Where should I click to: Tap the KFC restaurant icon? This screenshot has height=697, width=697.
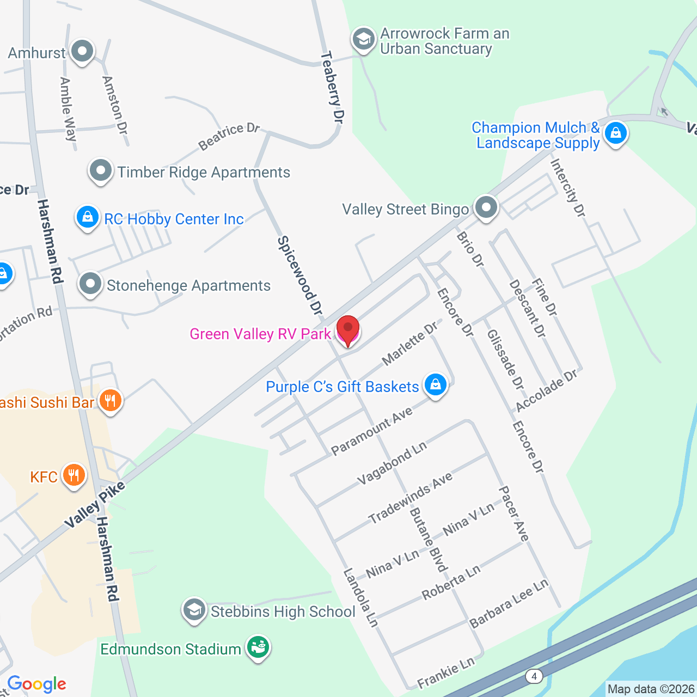click(x=74, y=475)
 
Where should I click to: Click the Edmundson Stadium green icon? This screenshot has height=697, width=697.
click(x=258, y=647)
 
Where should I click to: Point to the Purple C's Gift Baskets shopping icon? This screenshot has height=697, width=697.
click(x=435, y=385)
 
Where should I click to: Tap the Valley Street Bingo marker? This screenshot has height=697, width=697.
click(x=486, y=207)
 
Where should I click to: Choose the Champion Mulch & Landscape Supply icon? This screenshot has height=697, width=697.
click(x=616, y=133)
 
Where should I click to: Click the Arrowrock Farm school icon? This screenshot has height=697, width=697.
click(x=363, y=39)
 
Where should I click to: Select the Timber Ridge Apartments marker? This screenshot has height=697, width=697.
click(x=101, y=171)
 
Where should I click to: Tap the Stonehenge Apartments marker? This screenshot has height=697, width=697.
click(x=90, y=284)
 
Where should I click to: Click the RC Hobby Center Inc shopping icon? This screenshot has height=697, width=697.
click(x=87, y=217)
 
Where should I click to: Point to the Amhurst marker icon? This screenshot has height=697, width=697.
click(x=82, y=52)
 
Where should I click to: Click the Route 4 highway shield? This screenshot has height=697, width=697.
click(x=534, y=676)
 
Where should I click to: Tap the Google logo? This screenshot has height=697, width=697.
click(x=36, y=684)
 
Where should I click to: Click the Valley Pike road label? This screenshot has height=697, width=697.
click(x=95, y=505)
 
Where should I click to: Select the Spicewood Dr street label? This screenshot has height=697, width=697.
click(x=300, y=276)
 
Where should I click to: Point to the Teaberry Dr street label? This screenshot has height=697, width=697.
click(x=333, y=87)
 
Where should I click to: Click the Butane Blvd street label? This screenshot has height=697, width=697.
click(x=428, y=540)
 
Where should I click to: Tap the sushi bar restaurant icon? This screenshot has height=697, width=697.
click(x=111, y=402)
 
